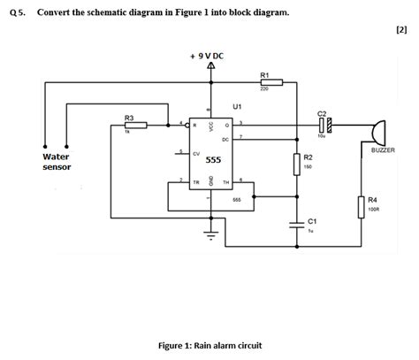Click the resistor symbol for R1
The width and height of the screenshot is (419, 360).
pyautogui.click(x=270, y=82)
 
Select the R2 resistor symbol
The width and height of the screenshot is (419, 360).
pyautogui.click(x=295, y=164)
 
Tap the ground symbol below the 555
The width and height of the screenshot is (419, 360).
pyautogui.click(x=209, y=234)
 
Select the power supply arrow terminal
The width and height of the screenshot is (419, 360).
pyautogui.click(x=210, y=67)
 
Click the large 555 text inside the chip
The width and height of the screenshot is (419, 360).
pyautogui.click(x=213, y=161)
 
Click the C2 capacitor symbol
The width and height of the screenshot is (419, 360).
pyautogui.click(x=323, y=125)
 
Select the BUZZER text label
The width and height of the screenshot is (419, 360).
pyautogui.click(x=383, y=151)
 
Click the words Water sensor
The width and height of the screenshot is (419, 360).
pyautogui.click(x=57, y=161)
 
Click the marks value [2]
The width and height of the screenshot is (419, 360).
pyautogui.click(x=402, y=29)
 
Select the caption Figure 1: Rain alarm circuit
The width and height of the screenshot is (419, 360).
pyautogui.click(x=209, y=345)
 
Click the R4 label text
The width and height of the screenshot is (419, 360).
pyautogui.click(x=373, y=201)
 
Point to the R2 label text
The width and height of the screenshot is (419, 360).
pyautogui.click(x=309, y=157)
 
